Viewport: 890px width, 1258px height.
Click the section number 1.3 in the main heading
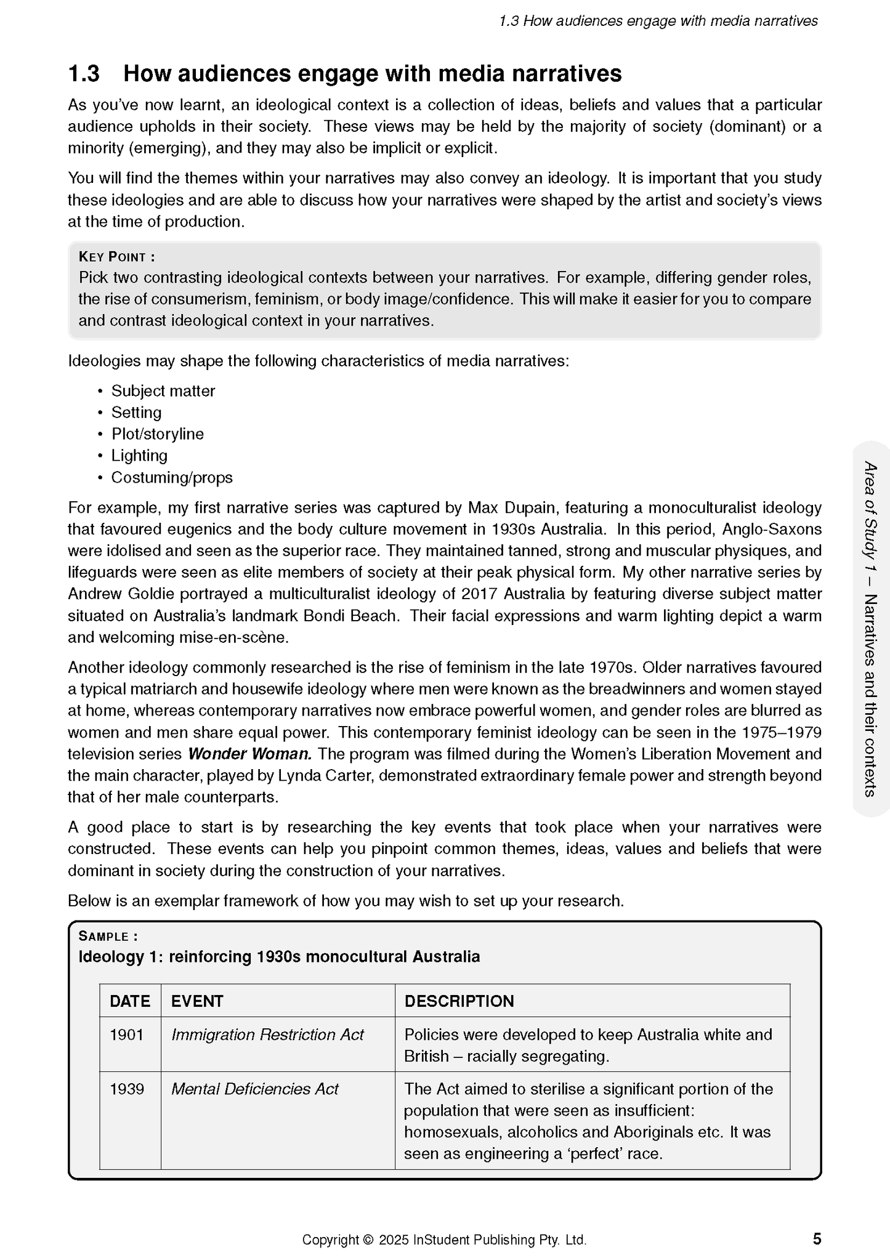pos(84,74)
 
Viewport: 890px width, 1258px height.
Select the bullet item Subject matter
pos(163,391)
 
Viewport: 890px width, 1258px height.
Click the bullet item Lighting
pos(139,456)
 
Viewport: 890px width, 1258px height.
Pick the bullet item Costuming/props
pos(172,477)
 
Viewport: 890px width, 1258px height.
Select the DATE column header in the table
pos(130,1001)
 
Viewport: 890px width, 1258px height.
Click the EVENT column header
pos(197,1001)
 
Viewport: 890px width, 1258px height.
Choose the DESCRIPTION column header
pos(459,1001)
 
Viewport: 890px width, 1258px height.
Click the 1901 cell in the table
pos(127,1034)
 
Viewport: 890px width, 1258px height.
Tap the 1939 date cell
pos(127,1089)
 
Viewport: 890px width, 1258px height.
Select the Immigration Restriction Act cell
pos(267,1034)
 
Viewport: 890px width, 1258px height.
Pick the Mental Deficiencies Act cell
pos(255,1089)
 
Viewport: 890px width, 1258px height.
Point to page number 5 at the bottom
pos(817,1238)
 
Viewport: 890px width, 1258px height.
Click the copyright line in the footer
pos(444,1240)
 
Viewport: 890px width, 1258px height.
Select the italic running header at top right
pos(658,21)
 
